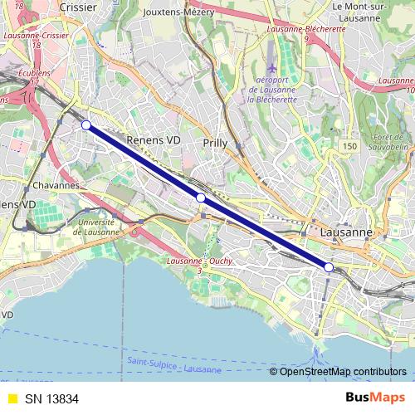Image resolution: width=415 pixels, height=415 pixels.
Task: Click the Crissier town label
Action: tap(79, 7)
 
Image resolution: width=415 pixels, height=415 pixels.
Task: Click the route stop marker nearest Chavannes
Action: tap(86, 124)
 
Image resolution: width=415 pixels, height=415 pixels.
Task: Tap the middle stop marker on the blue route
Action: tap(200, 198)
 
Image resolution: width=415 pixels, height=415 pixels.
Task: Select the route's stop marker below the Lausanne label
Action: tap(329, 267)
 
